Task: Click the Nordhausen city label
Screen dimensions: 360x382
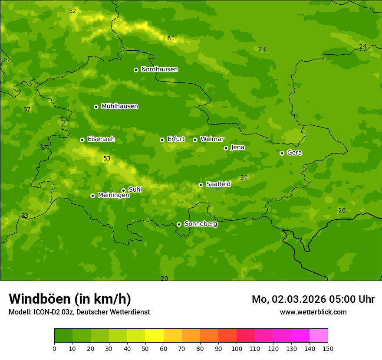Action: pos(159,69)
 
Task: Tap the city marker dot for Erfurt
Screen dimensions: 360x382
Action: pos(162,140)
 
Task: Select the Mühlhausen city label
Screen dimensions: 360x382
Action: pos(119,106)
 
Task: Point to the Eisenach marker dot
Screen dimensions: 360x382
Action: pos(82,140)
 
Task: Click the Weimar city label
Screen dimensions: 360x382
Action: pos(212,139)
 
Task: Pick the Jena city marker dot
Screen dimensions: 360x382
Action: pos(226,148)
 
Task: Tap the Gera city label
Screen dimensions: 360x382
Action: pos(294,153)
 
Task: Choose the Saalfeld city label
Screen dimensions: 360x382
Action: pos(218,184)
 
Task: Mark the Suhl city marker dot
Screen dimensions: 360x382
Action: pos(123,190)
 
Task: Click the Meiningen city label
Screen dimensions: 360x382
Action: pos(113,195)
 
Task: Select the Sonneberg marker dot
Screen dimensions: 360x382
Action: pos(179,224)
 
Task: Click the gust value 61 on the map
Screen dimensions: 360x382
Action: pos(171,39)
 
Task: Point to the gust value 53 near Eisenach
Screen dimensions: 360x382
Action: pos(107,159)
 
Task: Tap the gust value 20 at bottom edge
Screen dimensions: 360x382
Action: pos(164,278)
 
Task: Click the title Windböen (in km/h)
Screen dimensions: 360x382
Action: pos(70,299)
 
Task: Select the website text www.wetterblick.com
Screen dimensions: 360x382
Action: pos(313,312)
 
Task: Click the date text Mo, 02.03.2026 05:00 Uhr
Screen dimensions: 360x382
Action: pos(313,299)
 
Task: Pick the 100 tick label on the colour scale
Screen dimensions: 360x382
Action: pos(237,348)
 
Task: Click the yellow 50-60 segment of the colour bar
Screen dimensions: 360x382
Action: pos(155,336)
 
